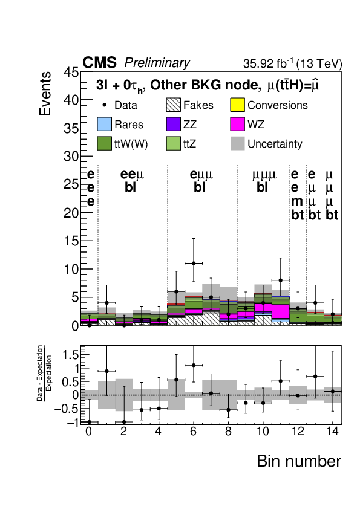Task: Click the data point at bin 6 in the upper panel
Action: pyautogui.click(x=194, y=263)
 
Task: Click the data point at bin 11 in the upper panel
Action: pyautogui.click(x=280, y=280)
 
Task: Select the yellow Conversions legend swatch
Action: pyautogui.click(x=237, y=105)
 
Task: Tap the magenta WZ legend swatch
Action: pyautogui.click(x=237, y=124)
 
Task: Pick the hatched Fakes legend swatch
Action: pyautogui.click(x=174, y=105)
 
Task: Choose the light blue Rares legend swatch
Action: pyautogui.click(x=104, y=124)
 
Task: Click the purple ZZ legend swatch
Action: pyautogui.click(x=174, y=124)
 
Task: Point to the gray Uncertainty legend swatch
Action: pyautogui.click(x=237, y=143)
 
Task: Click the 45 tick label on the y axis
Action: pyautogui.click(x=71, y=72)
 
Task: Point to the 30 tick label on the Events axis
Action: pyautogui.click(x=71, y=157)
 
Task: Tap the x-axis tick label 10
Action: pyautogui.click(x=263, y=432)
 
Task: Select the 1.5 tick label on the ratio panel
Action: pyautogui.click(x=70, y=355)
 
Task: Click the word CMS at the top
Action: pyautogui.click(x=99, y=62)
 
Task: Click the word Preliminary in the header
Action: pyautogui.click(x=157, y=63)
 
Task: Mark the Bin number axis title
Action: pyautogui.click(x=299, y=461)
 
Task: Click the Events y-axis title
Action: pyautogui.click(x=45, y=94)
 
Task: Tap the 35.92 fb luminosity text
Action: pyautogui.click(x=268, y=63)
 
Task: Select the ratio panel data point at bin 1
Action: pyautogui.click(x=106, y=371)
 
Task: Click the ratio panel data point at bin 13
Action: pyautogui.click(x=315, y=377)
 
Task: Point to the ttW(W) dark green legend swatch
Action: pyautogui.click(x=104, y=143)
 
